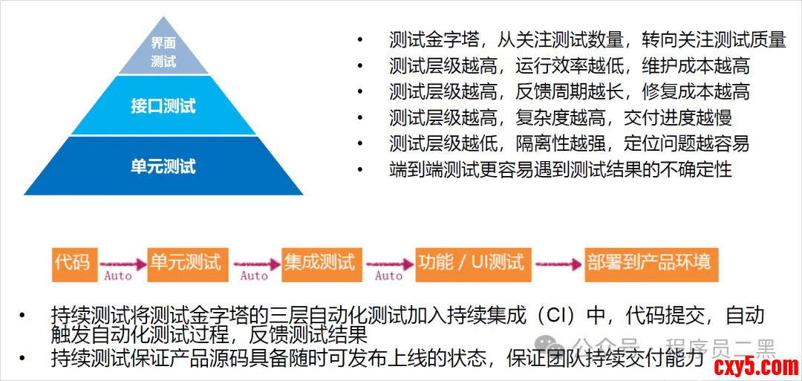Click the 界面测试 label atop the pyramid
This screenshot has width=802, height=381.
(x=163, y=52)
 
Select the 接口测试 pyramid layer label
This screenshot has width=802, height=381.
(x=163, y=105)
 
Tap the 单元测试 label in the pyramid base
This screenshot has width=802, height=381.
(x=163, y=166)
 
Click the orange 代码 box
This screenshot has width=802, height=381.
(x=72, y=262)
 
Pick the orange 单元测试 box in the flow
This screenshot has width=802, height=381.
(x=186, y=262)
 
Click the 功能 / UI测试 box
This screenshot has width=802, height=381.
(x=471, y=262)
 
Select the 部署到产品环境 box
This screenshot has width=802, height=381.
(x=649, y=262)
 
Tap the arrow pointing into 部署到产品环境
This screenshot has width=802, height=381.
(x=556, y=263)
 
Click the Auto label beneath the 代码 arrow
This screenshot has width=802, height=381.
(x=118, y=276)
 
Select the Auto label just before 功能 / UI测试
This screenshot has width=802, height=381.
(x=388, y=276)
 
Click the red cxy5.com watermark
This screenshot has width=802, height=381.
(x=754, y=366)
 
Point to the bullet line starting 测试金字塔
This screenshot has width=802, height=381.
(x=587, y=39)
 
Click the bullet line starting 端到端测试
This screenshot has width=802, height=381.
(x=560, y=169)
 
